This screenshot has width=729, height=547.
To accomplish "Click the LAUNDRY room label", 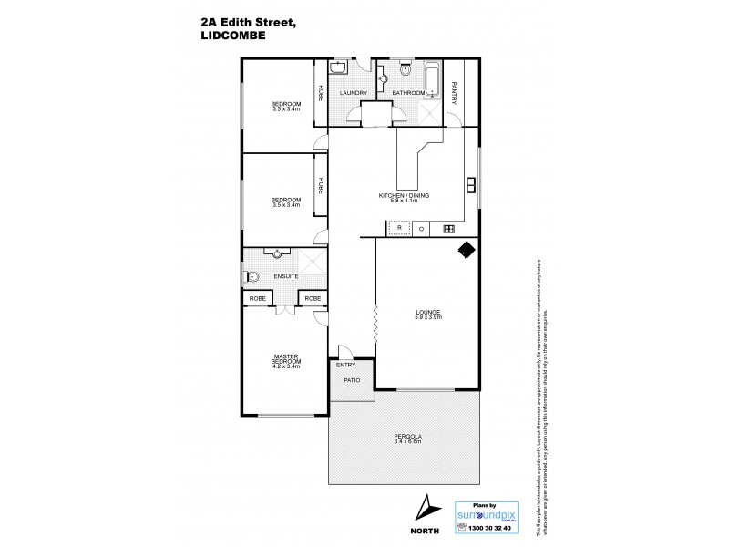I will point(353,93).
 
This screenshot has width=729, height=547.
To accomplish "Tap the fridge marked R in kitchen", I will point(398,229).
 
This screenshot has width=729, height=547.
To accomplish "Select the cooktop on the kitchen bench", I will point(447,229).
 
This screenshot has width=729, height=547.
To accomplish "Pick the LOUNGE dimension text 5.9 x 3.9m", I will point(427,318).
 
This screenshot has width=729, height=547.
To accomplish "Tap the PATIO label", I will point(352,380).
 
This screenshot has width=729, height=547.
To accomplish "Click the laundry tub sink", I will point(336,69).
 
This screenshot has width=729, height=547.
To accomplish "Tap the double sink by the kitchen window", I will point(471,183).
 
